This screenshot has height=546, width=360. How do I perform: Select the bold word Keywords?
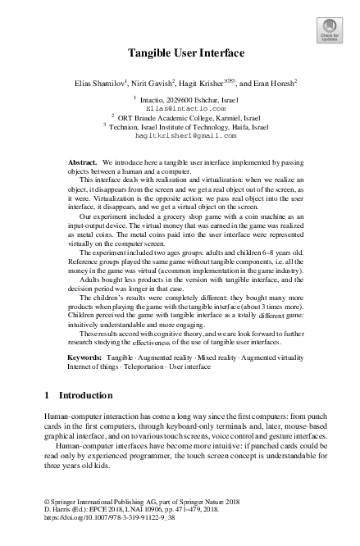click(84, 358)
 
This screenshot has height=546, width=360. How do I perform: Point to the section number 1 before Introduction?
click(46, 396)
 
